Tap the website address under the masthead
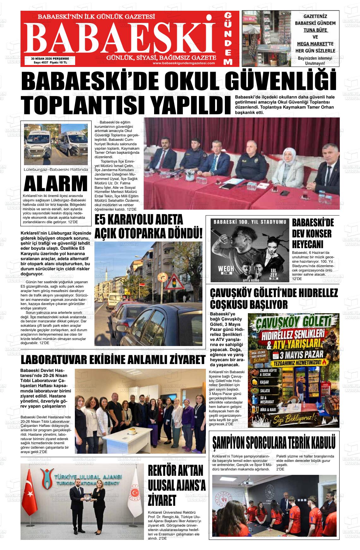pyautogui.click(x=183, y=63)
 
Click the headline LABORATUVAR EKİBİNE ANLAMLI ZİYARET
pyautogui.click(x=113, y=360)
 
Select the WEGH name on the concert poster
pyautogui.click(x=226, y=269)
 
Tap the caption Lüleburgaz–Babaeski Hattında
pyautogui.click(x=56, y=170)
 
